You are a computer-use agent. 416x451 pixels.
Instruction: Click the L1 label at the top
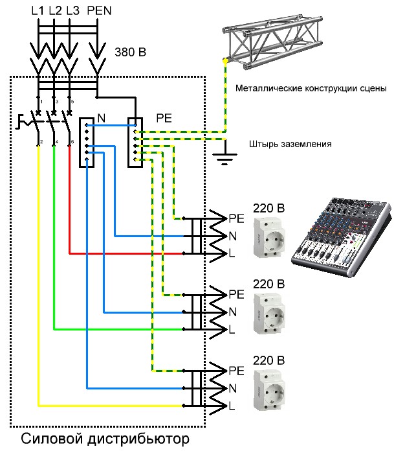(38, 10)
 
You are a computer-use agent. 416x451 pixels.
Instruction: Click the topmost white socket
(268, 237)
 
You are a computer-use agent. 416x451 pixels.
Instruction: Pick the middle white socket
(268, 314)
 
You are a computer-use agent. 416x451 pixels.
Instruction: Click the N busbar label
(102, 118)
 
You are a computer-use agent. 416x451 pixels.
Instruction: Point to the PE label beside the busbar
(164, 119)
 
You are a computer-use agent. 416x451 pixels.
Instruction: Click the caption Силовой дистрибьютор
(105, 440)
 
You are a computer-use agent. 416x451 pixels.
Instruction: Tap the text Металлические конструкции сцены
(311, 88)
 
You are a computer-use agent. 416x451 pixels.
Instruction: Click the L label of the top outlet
(232, 253)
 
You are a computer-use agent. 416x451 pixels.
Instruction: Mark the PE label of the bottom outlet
(236, 370)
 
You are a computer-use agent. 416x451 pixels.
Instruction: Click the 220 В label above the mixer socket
(268, 208)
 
